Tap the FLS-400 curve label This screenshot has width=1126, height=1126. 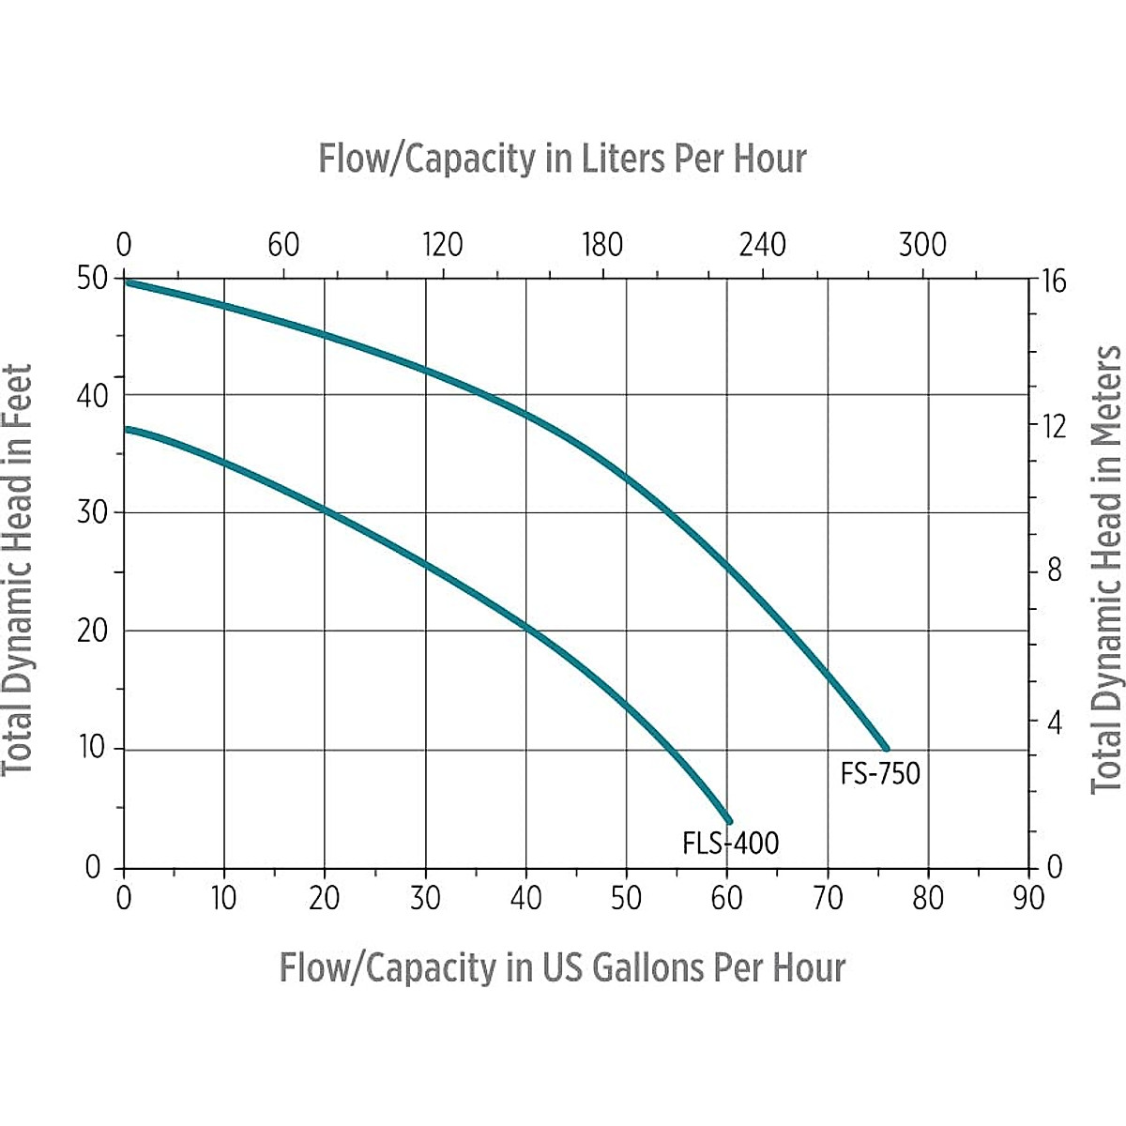[x=731, y=844]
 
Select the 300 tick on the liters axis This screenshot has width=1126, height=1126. [x=922, y=246]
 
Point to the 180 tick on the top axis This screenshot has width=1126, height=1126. [x=602, y=246]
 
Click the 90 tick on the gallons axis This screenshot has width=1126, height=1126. [x=1028, y=898]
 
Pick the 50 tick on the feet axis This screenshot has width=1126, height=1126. [x=94, y=279]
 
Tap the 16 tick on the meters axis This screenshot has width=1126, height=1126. [x=1054, y=281]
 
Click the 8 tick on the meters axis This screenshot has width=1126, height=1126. [x=1054, y=571]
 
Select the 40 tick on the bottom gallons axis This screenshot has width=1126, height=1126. [x=525, y=898]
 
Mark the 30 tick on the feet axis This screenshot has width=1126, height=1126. [x=94, y=512]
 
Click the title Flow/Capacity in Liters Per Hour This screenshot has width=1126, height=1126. [x=562, y=159]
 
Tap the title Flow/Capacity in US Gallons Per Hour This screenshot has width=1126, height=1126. [x=562, y=967]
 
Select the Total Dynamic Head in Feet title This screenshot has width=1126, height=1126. [x=19, y=570]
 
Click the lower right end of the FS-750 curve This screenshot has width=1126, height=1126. [x=886, y=748]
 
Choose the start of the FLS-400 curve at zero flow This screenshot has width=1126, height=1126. [x=127, y=429]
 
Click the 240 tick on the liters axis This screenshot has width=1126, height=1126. [x=762, y=246]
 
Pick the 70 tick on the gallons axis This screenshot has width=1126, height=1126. [x=828, y=898]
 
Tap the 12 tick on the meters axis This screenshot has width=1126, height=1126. [x=1054, y=427]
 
